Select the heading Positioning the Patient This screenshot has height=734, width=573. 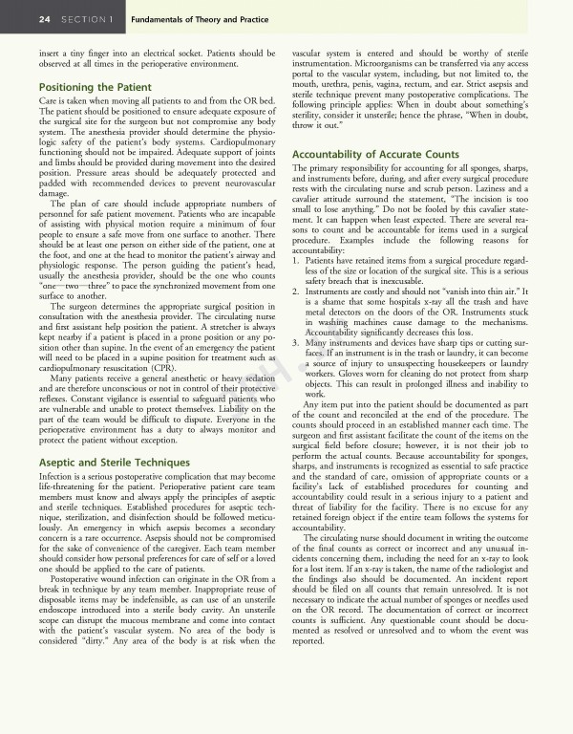click(x=95, y=87)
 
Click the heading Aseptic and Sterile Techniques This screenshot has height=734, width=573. click(x=114, y=463)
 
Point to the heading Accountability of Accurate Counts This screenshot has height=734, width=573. click(x=375, y=155)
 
